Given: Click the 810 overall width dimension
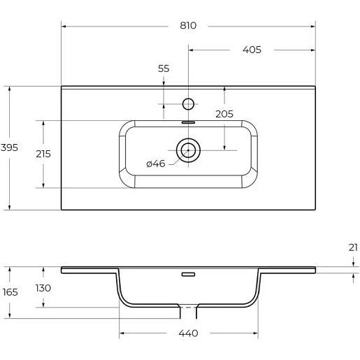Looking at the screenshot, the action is [188, 25].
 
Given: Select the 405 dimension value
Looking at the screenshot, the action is [252, 50].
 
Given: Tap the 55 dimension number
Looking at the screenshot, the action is [164, 69].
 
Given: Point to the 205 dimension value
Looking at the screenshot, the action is [224, 114].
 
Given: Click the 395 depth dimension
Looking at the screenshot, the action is [9, 147].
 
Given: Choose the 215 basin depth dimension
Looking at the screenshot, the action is [43, 154].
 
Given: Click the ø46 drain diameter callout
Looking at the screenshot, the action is [156, 164].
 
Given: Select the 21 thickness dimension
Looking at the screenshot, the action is [353, 247].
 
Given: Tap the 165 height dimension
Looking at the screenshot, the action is [10, 292].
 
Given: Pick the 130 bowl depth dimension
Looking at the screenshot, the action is [43, 288].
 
